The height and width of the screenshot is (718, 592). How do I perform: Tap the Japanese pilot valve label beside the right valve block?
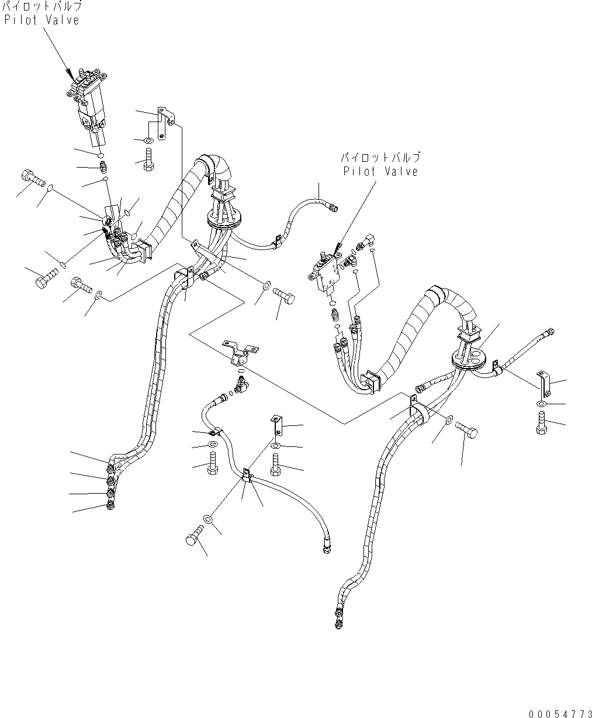tap(380, 158)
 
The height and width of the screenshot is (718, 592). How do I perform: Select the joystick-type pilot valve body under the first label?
tap(88, 105)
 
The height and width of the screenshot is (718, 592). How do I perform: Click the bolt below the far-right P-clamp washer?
tap(541, 422)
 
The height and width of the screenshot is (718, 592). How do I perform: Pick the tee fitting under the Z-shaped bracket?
tap(240, 383)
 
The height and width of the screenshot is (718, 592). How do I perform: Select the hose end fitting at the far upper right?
tap(549, 334)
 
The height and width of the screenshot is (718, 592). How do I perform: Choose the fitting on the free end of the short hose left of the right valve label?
tap(334, 206)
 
